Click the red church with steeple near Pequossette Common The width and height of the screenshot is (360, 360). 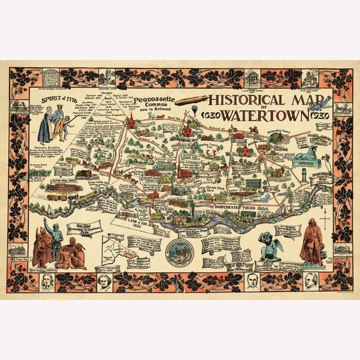pos(188,131)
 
